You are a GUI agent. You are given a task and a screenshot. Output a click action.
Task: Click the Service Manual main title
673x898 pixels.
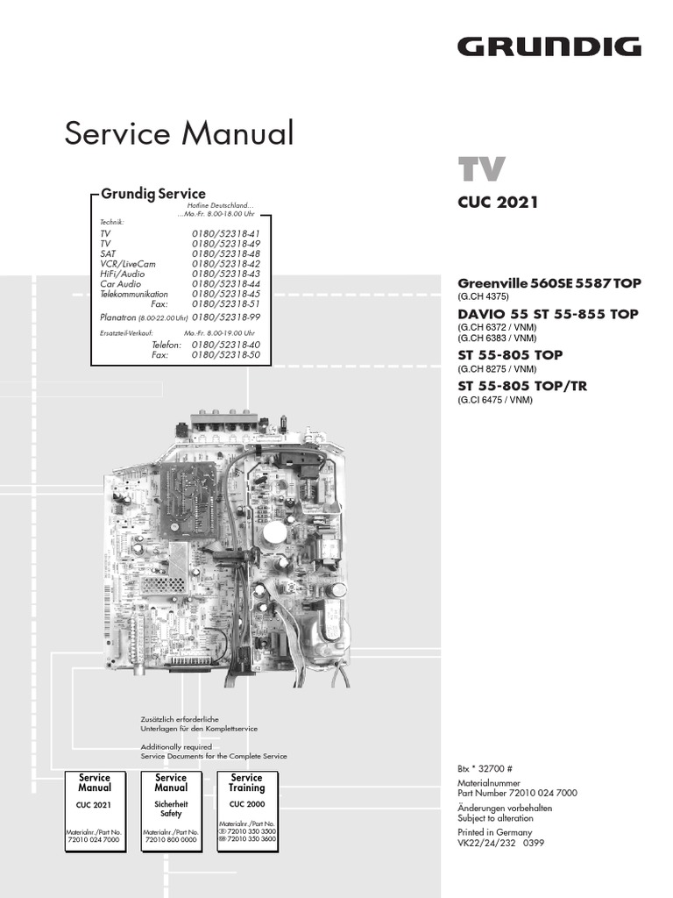point(179,133)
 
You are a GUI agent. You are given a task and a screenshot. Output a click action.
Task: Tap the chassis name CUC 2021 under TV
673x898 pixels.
point(498,203)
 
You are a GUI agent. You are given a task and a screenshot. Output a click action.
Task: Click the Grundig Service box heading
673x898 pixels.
point(153,194)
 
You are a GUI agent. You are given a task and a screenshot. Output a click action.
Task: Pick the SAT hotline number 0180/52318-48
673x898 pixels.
point(226,253)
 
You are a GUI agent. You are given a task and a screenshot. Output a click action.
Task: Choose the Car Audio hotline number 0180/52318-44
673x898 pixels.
point(226,284)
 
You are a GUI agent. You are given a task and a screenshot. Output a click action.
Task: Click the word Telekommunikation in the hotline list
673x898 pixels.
point(134,295)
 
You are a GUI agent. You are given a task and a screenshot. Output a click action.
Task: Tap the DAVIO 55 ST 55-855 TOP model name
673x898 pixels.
point(548,314)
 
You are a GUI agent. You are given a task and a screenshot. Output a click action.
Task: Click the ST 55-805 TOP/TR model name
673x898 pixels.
point(522,386)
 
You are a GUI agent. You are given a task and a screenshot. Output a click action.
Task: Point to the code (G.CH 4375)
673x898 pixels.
point(483,296)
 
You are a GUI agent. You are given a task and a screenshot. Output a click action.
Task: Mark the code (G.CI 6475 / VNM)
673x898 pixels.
point(494,400)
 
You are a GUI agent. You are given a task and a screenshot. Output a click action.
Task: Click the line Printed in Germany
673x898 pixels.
point(494,832)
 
